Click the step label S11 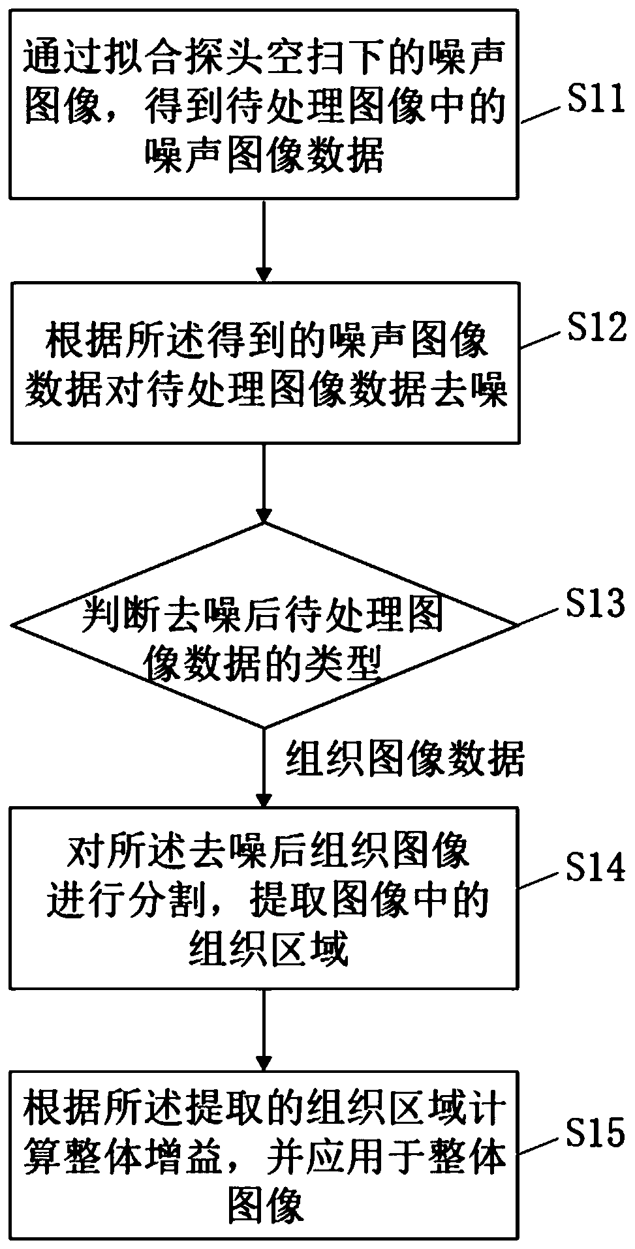[x=593, y=102]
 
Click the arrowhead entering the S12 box [x=264, y=273]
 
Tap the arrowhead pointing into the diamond [x=264, y=514]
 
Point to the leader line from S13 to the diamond [x=540, y=616]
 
